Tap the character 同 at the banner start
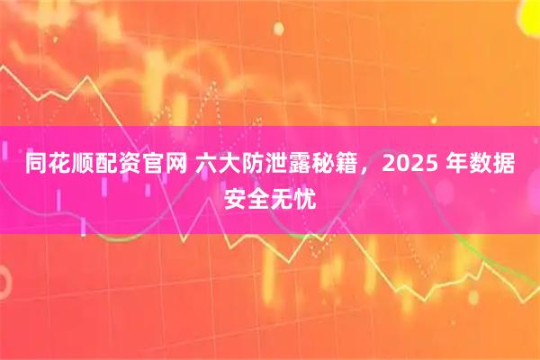tap(37, 165)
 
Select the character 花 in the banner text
tap(61, 165)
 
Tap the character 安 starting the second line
tap(234, 194)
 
